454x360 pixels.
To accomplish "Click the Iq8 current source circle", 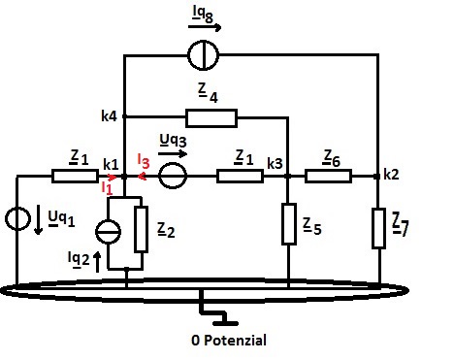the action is point(204,55).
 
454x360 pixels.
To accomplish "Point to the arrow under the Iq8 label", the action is point(205,27).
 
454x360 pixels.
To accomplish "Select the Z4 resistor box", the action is point(211,117).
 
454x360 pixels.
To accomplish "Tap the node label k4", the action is point(109,116).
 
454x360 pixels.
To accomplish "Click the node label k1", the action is point(111,165).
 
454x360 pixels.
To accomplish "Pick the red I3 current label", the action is point(144,161).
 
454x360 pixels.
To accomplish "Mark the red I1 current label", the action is point(107,188).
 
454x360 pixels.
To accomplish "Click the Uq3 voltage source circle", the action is point(173,176).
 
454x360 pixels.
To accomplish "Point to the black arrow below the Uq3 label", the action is point(173,153).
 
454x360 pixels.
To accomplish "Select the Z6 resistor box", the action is point(328,177).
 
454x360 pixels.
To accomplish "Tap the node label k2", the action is point(391,175).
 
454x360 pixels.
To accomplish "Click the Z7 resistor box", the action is point(378,228).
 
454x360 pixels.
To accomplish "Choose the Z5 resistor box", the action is point(289,224).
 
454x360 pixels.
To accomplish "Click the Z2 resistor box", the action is point(142,229).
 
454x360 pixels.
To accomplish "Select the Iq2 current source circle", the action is point(109,232).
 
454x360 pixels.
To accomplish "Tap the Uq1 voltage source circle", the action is point(18,218).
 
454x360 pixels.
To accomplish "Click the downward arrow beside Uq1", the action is point(39,219).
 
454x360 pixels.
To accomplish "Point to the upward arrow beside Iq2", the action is point(97,262).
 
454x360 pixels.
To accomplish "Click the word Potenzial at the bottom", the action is point(235,341).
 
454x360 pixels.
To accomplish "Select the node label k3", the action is point(275,164).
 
